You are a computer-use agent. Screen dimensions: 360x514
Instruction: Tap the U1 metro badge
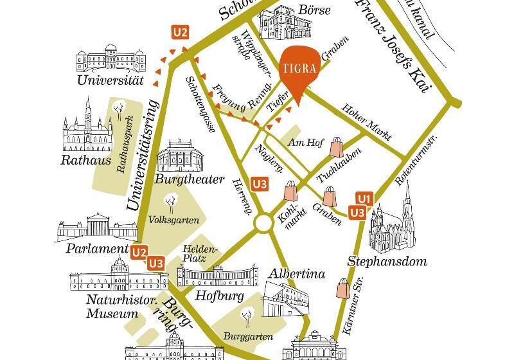click(364, 198)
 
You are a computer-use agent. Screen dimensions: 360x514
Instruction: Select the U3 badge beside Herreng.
click(260, 184)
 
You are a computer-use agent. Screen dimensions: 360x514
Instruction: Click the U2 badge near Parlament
click(139, 251)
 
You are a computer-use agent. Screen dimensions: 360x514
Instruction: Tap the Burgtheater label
click(190, 179)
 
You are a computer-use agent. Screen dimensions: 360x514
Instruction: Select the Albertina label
click(297, 274)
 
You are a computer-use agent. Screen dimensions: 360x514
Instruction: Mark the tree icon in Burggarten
click(246, 315)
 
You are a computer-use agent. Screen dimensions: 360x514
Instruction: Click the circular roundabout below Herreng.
click(264, 223)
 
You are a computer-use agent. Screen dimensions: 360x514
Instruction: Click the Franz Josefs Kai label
click(393, 45)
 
